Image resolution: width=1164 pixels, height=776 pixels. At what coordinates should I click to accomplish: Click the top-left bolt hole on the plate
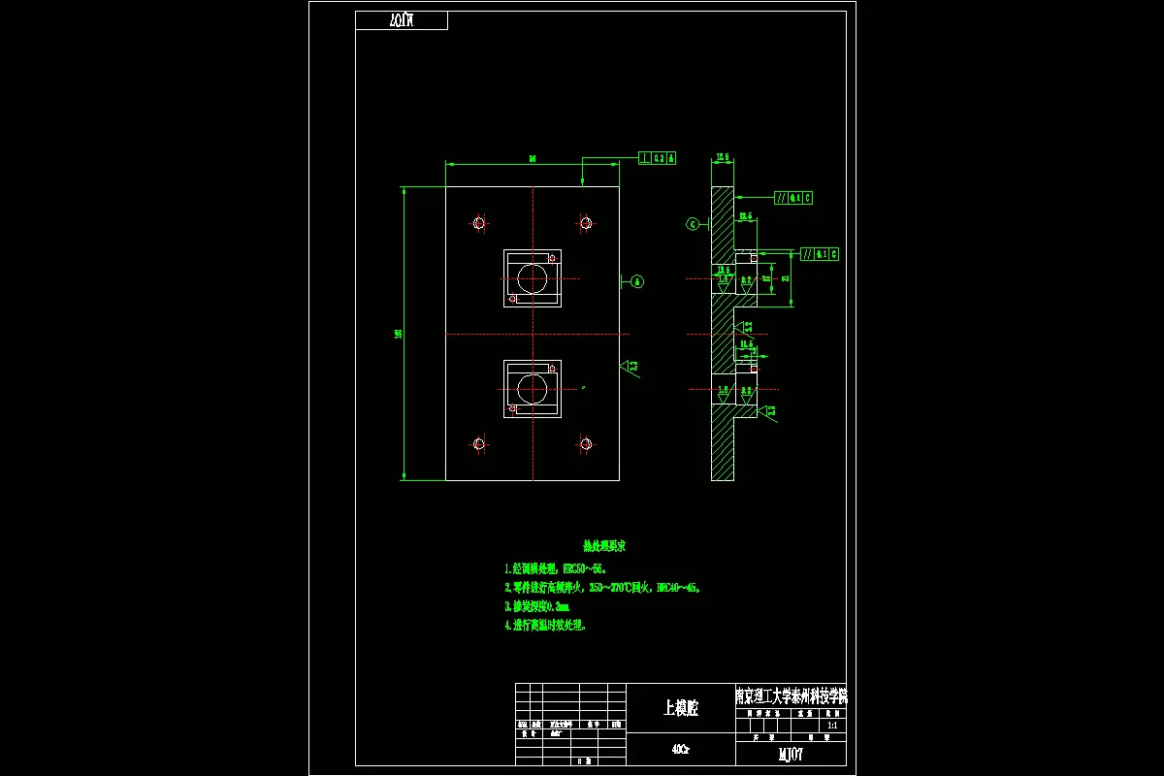click(478, 223)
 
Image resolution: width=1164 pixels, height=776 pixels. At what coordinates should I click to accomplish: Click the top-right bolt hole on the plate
click(586, 223)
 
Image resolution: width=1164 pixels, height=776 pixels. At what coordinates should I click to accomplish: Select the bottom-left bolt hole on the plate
click(478, 444)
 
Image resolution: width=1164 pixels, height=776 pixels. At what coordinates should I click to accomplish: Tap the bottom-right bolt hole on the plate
click(586, 444)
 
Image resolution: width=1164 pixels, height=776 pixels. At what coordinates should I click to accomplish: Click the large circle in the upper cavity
click(532, 278)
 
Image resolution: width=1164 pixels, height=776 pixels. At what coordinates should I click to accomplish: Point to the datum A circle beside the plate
click(637, 281)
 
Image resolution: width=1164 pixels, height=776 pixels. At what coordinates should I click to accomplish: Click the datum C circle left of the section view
click(693, 224)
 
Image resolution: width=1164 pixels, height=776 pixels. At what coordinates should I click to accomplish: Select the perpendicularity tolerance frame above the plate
click(658, 157)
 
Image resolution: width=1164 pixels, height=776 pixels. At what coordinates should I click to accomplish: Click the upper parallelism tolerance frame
click(793, 198)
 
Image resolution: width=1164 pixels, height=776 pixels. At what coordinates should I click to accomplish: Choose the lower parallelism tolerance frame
click(820, 254)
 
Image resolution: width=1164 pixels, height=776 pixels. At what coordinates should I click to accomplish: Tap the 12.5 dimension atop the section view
click(723, 157)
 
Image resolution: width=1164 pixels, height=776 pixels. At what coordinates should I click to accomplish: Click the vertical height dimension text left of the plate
click(398, 334)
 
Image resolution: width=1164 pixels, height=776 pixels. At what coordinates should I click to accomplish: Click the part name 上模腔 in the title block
click(681, 708)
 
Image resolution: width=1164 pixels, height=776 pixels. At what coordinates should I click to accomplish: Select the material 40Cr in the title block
click(681, 749)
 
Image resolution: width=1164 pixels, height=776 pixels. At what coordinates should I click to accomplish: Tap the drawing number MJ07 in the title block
click(791, 755)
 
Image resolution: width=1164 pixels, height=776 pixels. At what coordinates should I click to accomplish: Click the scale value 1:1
click(831, 725)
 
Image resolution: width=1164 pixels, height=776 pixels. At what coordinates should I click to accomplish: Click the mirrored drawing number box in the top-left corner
click(402, 20)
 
